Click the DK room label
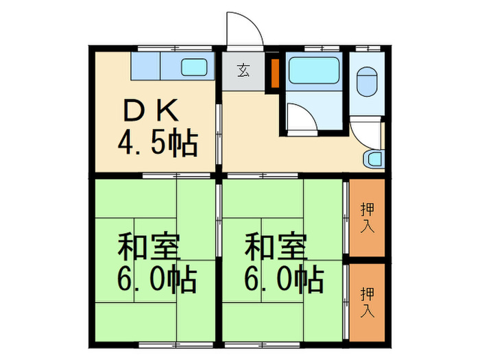tap(151, 110)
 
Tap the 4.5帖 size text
tap(158, 143)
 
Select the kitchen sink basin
tap(194, 67)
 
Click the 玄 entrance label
tap(243, 70)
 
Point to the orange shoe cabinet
tap(275, 73)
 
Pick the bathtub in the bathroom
tap(314, 70)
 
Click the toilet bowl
tap(366, 82)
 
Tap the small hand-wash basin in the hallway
tap(374, 159)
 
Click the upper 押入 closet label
tap(368, 217)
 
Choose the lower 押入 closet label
tap(368, 302)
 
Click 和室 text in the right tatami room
tap(276, 247)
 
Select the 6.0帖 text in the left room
tap(157, 279)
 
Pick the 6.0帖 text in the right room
tap(284, 278)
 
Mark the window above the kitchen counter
tap(175, 48)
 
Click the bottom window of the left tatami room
tap(176, 345)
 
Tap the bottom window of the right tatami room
tap(263, 345)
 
